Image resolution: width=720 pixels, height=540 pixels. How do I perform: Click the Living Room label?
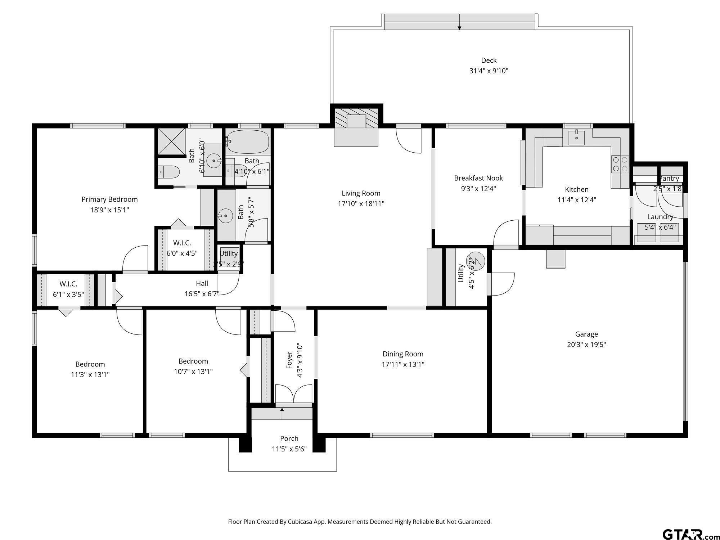(x=361, y=193)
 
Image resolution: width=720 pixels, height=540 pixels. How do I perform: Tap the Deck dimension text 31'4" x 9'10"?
(x=489, y=71)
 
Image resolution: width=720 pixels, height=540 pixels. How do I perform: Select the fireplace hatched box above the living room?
(x=356, y=118)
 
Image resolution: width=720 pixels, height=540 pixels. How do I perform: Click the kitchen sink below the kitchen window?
(x=577, y=137)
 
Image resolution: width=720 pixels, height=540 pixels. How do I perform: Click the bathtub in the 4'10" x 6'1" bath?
(x=248, y=141)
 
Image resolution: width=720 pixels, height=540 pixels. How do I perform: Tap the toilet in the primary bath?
(x=170, y=172)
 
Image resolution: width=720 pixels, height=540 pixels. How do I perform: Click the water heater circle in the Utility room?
(x=476, y=261)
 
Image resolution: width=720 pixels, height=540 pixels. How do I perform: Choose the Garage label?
(x=586, y=334)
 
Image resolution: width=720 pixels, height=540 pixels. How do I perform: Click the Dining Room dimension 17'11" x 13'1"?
(x=403, y=364)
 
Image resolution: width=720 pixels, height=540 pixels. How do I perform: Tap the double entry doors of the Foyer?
(x=293, y=394)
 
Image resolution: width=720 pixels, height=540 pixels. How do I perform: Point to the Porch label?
(x=289, y=438)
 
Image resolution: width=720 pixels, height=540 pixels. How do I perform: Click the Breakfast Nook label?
(x=478, y=178)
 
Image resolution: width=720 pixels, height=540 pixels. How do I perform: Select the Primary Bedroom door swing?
(x=135, y=258)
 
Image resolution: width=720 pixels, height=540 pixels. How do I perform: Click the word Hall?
(x=202, y=283)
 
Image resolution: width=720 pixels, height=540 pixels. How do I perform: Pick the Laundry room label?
(x=660, y=217)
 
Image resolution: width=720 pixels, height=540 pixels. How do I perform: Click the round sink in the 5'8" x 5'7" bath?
(x=226, y=216)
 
